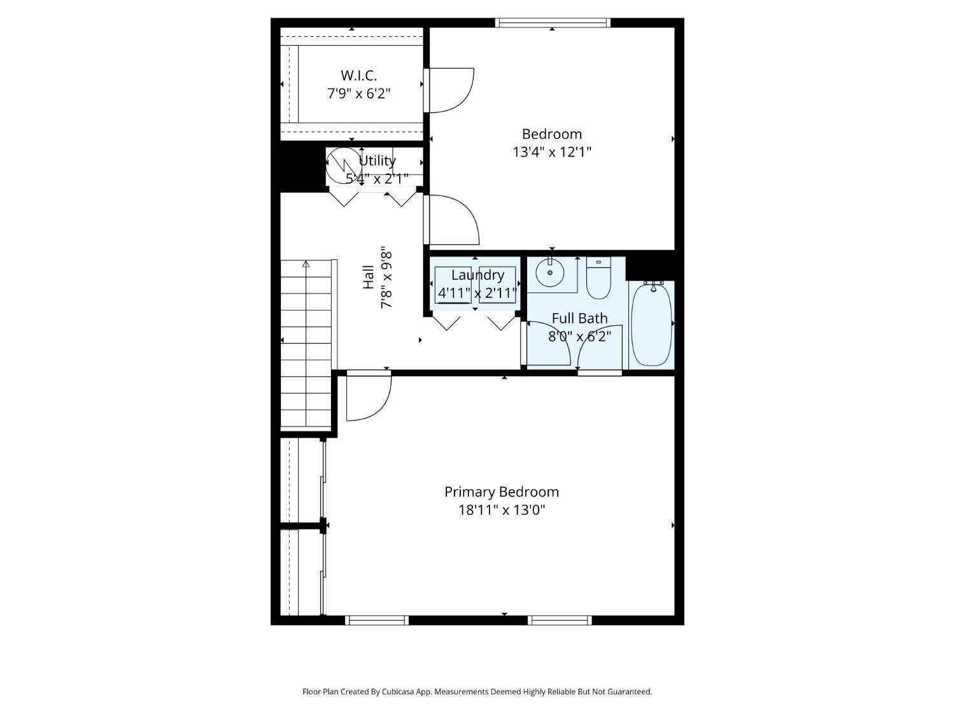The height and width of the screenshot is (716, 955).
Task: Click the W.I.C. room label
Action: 358,75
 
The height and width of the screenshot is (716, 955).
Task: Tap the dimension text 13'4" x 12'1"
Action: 552,152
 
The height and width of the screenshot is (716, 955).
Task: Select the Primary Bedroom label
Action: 501,492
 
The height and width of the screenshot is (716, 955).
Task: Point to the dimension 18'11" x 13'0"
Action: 502,510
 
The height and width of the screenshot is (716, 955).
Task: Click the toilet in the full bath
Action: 598,279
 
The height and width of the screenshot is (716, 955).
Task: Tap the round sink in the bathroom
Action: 549,273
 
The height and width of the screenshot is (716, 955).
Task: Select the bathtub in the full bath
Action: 651,325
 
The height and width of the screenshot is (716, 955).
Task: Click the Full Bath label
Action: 579,318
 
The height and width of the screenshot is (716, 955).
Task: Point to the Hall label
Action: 369,277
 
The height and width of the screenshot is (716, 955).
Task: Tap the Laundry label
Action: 478,275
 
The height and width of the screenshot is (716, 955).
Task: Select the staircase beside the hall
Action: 306,344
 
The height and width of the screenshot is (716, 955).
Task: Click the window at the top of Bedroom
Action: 553,23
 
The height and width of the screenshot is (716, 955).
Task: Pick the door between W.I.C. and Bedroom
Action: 449,90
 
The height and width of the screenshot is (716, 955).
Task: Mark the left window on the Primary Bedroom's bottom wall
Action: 377,620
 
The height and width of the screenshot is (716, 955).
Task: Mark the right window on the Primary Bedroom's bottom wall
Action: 560,620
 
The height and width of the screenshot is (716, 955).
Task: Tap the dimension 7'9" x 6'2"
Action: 358,94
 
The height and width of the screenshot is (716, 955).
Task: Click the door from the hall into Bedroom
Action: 452,220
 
